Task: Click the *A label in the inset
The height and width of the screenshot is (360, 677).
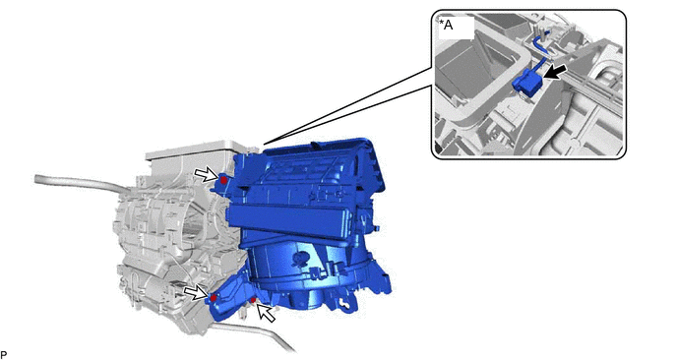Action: [x=447, y=25]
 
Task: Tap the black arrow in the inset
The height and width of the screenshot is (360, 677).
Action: [x=555, y=72]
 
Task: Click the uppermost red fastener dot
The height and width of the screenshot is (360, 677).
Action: [x=223, y=180]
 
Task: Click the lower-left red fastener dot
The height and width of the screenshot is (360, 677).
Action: [x=213, y=298]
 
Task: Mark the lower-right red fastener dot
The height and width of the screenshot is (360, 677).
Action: [x=254, y=300]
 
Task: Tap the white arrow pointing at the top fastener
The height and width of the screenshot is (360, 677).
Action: [x=206, y=174]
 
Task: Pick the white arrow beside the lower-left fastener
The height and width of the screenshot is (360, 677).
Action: [x=196, y=293]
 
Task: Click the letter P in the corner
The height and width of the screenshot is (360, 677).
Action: [x=4, y=355]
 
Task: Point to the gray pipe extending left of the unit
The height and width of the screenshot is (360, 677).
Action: [x=78, y=185]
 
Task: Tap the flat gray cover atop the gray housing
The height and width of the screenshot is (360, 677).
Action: [x=190, y=151]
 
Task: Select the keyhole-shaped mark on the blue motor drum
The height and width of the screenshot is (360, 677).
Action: [x=298, y=259]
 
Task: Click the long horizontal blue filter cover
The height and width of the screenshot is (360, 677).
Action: [x=293, y=220]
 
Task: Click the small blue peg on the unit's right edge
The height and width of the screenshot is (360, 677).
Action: [x=377, y=227]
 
